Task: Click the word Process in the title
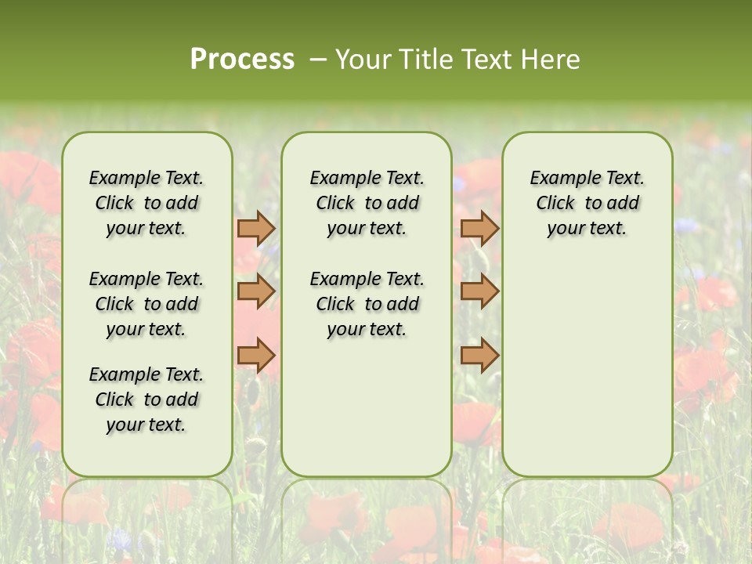(x=242, y=60)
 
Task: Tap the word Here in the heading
(x=550, y=60)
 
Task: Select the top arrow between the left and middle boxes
(x=256, y=228)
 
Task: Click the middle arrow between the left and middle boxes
(x=256, y=291)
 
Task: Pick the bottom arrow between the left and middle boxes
(x=256, y=355)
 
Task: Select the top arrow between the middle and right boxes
(x=479, y=228)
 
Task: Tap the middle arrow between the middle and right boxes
(x=479, y=291)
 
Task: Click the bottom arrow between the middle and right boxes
(x=479, y=355)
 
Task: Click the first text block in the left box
(x=146, y=203)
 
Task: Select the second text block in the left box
(x=146, y=304)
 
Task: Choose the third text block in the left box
(x=146, y=399)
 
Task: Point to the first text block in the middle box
(x=367, y=203)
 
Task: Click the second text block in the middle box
(x=367, y=304)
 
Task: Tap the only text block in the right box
(x=587, y=203)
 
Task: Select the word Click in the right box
(x=555, y=204)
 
